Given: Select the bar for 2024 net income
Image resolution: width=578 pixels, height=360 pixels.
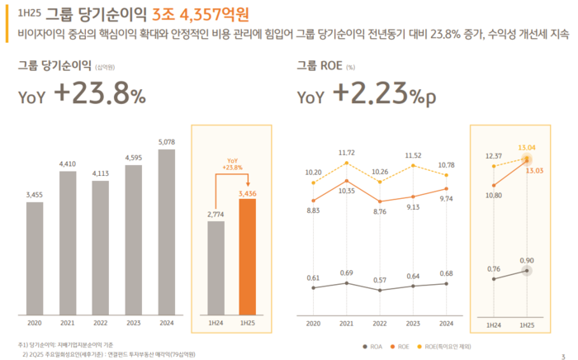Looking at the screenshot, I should pyautogui.click(x=166, y=232).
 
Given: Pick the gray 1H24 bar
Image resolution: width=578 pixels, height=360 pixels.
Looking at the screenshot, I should pyautogui.click(x=216, y=268).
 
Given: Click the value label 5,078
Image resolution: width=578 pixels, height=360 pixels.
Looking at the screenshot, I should pyautogui.click(x=166, y=141).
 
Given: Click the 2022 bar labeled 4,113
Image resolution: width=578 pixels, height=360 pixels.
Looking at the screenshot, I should pyautogui.click(x=100, y=248).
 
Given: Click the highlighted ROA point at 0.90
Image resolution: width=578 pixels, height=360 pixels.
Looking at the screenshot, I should pyautogui.click(x=526, y=271).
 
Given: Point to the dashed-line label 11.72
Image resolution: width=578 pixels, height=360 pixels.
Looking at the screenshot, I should pyautogui.click(x=347, y=153).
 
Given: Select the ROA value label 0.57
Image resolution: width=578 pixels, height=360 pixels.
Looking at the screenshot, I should pyautogui.click(x=380, y=280).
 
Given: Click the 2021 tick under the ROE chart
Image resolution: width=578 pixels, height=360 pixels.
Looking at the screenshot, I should pyautogui.click(x=347, y=324).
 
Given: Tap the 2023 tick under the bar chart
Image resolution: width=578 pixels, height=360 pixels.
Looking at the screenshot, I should pyautogui.click(x=133, y=324).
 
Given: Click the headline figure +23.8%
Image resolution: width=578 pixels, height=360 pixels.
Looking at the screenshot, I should pyautogui.click(x=100, y=95).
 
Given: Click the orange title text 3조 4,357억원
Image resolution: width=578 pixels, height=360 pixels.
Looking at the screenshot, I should pyautogui.click(x=200, y=14).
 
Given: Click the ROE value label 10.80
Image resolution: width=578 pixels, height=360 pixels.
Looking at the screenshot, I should pyautogui.click(x=494, y=196).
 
